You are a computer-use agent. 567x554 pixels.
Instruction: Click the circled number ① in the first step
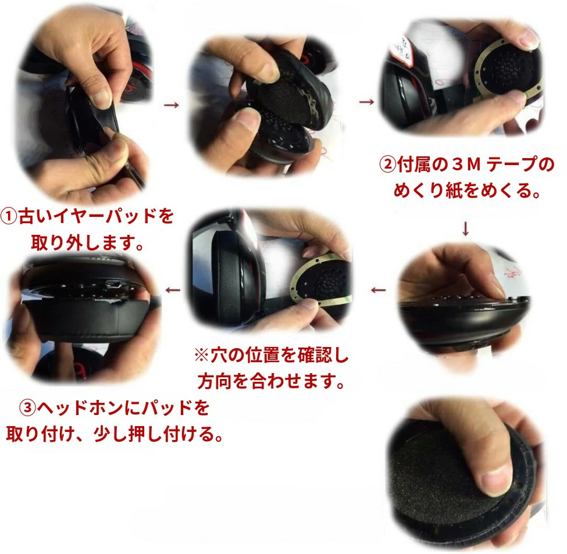tap(9, 216)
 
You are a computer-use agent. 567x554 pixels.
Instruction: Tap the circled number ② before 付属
tap(388, 165)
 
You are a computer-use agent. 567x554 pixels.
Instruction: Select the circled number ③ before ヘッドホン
tap(28, 408)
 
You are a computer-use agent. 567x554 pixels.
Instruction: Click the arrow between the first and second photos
tap(172, 105)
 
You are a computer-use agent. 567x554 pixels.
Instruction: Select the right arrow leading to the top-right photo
tap(367, 102)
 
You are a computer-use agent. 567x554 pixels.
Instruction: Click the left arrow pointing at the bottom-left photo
tap(173, 290)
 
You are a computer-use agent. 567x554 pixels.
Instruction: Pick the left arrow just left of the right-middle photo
tap(378, 290)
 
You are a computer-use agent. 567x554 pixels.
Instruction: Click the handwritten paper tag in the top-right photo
tap(402, 48)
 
